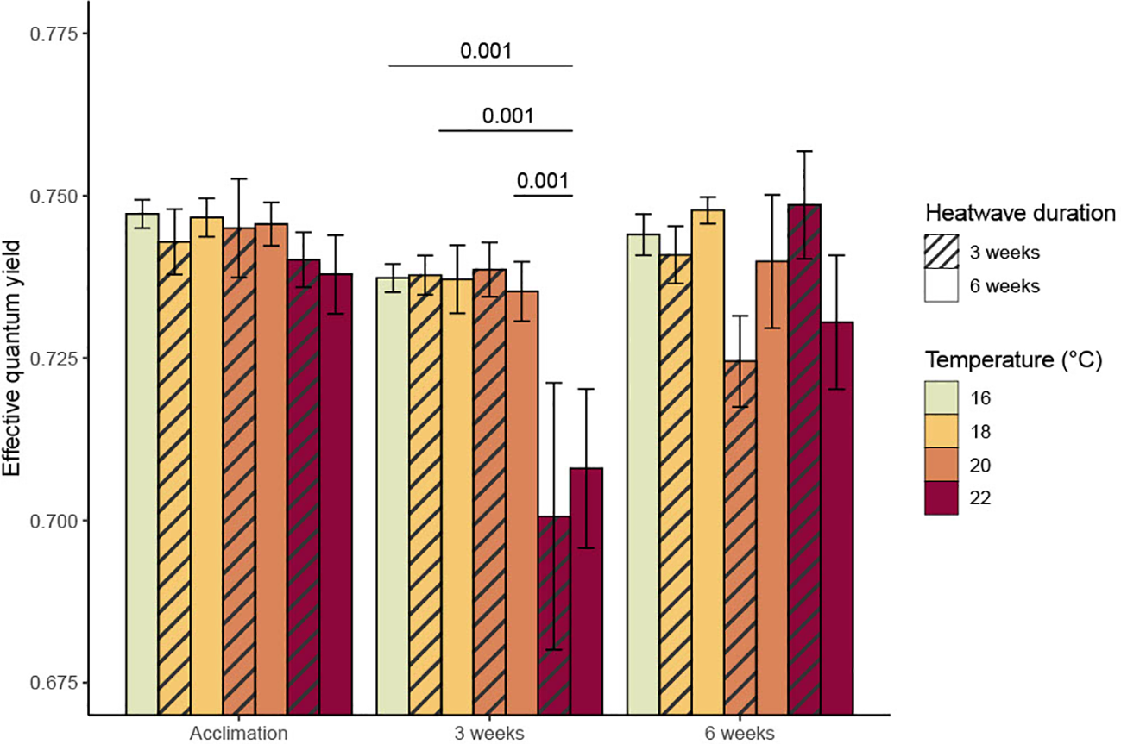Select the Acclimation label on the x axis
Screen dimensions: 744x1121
pos(239,733)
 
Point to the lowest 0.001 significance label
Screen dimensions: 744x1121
pos(543,181)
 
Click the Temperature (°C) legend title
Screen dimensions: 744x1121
pos(1013,359)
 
